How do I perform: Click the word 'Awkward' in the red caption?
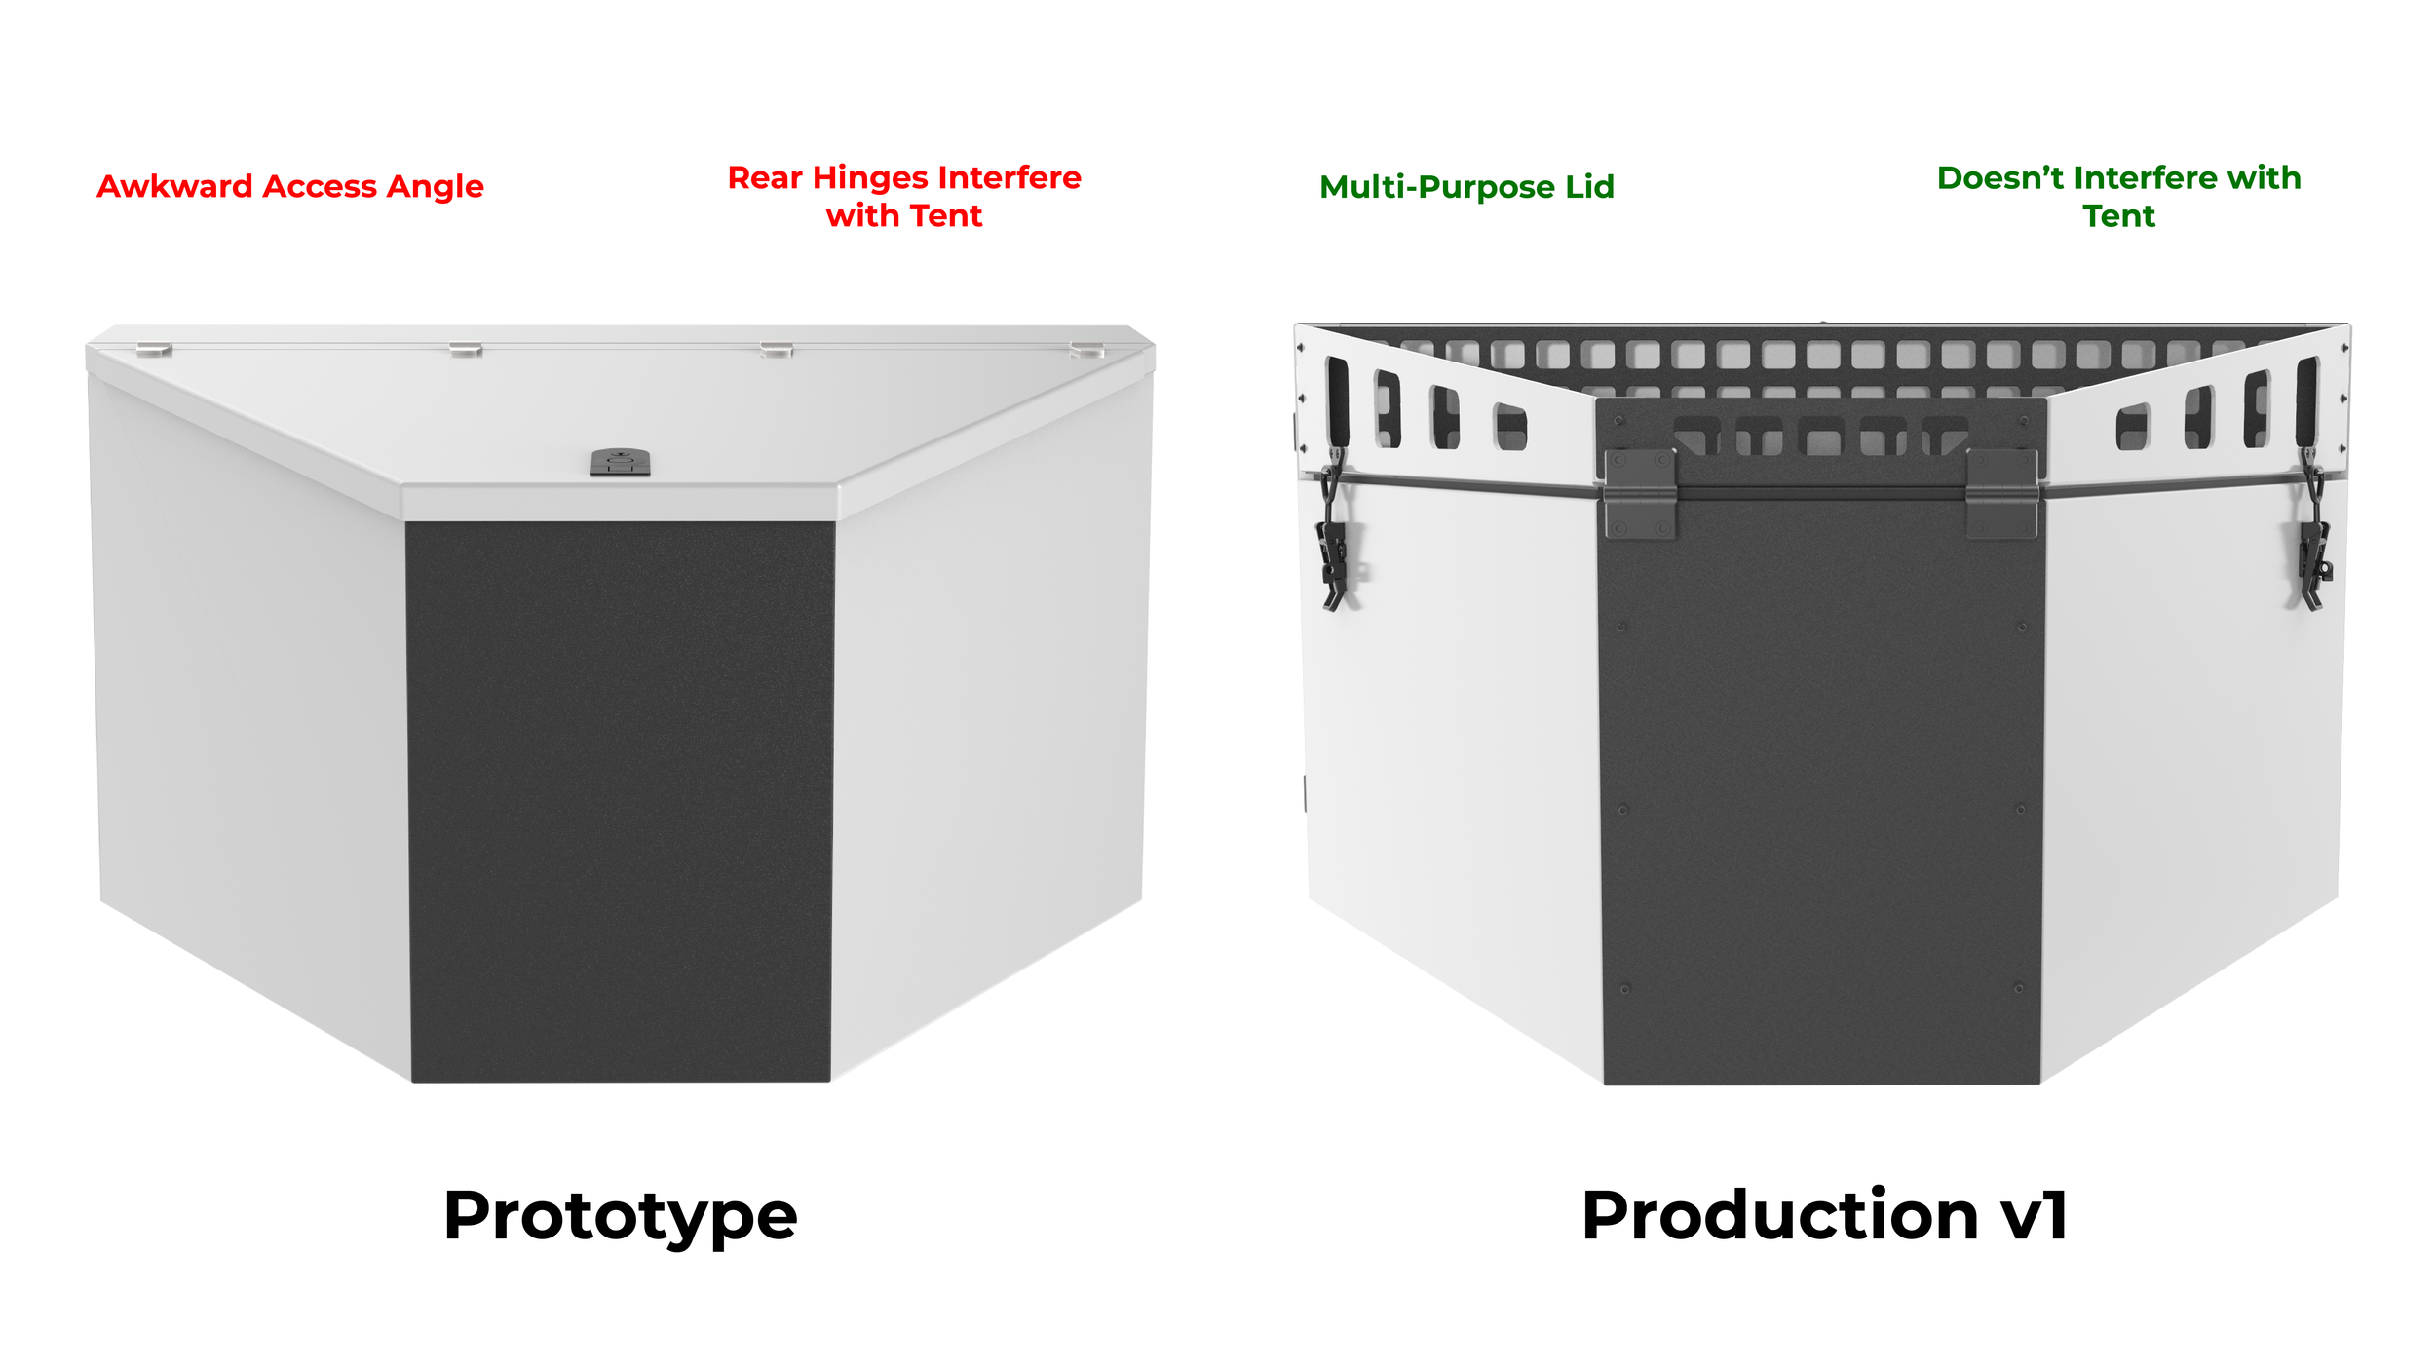(174, 186)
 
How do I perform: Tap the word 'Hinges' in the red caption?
(870, 178)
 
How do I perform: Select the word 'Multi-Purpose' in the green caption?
(1437, 187)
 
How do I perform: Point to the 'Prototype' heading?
(620, 1216)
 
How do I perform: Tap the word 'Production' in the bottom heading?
(1779, 1216)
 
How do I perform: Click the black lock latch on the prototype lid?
(620, 462)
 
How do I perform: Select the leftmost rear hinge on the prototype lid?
(154, 349)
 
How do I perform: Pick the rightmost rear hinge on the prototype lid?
(1085, 350)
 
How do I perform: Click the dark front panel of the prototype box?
(620, 799)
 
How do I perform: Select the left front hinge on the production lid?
(1639, 493)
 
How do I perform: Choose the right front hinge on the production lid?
(2001, 493)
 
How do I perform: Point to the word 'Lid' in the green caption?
(1589, 187)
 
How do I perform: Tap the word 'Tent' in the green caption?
(2118, 216)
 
